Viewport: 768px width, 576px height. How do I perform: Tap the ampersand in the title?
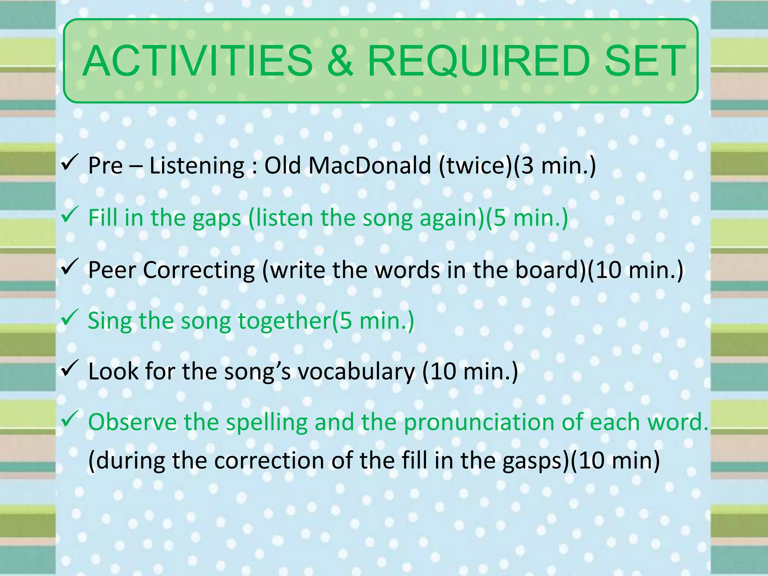coord(340,61)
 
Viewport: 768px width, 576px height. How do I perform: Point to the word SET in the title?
coord(645,61)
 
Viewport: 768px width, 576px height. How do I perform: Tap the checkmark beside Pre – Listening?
coord(69,162)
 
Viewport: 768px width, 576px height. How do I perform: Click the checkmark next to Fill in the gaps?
coord(69,214)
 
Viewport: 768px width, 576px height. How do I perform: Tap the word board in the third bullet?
coord(548,270)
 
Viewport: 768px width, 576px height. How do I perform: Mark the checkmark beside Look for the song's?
coord(69,368)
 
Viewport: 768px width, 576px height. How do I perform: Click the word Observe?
coord(132,422)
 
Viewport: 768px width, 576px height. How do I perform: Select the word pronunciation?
coord(478,423)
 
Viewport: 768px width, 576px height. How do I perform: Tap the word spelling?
coord(267,423)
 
